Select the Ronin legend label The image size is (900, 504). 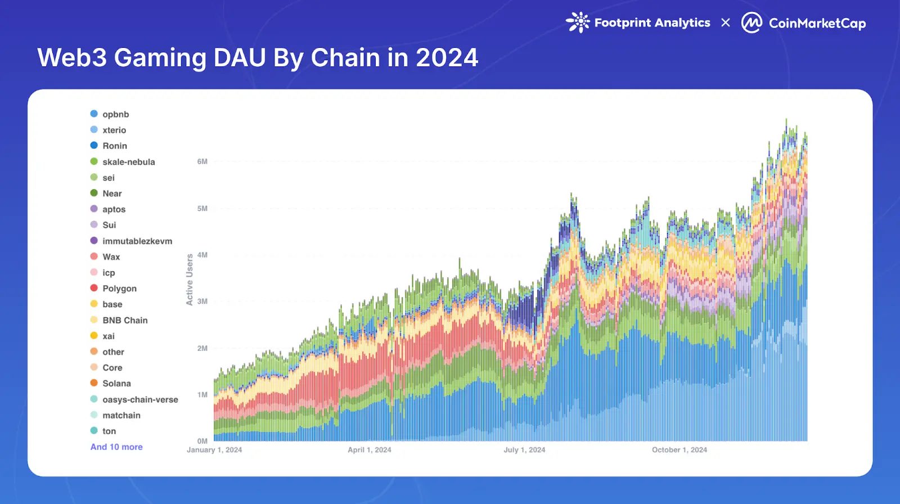(x=115, y=146)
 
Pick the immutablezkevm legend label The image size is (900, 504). (x=137, y=241)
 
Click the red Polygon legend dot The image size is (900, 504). (x=94, y=288)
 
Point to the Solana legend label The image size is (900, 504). (x=116, y=384)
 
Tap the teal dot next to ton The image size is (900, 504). (x=94, y=431)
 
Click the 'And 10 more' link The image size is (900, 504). (x=116, y=447)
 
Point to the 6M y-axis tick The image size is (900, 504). (x=202, y=161)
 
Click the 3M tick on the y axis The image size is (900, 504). (x=202, y=301)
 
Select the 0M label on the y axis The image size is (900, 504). (x=202, y=441)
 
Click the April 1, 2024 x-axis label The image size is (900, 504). (x=369, y=450)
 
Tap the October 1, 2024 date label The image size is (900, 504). (x=679, y=450)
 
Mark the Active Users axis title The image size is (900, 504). (x=190, y=280)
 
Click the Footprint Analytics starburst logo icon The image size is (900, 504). (x=578, y=22)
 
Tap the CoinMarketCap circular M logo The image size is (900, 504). (x=751, y=23)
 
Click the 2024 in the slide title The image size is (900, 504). (x=447, y=58)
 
